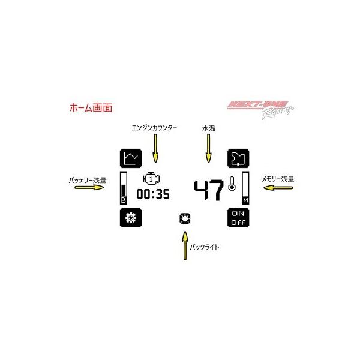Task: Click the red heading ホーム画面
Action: [91, 108]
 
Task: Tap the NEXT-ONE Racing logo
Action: [260, 109]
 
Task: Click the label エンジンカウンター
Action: [154, 128]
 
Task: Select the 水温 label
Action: [208, 128]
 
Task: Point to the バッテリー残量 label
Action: [88, 180]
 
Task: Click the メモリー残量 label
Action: [278, 179]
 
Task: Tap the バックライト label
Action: [205, 247]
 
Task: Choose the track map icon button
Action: [238, 158]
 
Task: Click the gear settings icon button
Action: [131, 218]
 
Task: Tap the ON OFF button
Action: [238, 218]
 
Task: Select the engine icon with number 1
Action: [151, 179]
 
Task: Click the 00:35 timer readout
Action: [153, 194]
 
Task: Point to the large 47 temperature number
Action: [209, 190]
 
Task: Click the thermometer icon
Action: [232, 184]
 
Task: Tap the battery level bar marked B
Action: [124, 188]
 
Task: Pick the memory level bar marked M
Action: [245, 188]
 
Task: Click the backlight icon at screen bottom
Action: [185, 218]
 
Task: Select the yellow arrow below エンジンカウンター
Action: [155, 148]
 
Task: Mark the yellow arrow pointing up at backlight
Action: [185, 245]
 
